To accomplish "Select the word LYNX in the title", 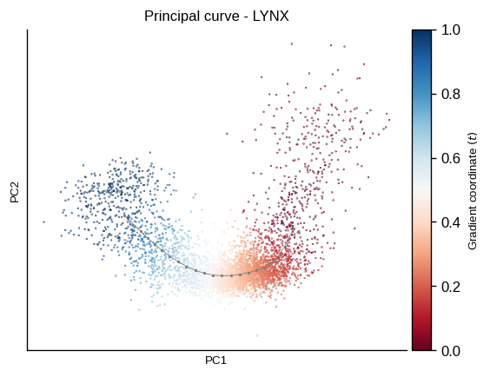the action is [270, 16].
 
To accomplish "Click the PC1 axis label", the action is [215, 360].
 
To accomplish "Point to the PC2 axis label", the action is [15, 192].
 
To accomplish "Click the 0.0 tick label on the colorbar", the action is [451, 351].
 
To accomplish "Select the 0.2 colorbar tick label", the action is [451, 287].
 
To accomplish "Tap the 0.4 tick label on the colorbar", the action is [451, 222].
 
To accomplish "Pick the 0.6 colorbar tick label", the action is [451, 158].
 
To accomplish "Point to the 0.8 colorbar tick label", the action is [451, 94].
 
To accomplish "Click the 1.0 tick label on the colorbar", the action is [451, 30].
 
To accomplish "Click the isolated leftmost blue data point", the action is [43, 222].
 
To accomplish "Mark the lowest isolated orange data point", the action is [257, 336].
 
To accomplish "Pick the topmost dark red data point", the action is [292, 44].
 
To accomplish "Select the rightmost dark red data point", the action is [389, 120].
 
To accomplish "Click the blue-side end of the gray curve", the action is [125, 215].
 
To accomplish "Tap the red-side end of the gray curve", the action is [294, 229].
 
